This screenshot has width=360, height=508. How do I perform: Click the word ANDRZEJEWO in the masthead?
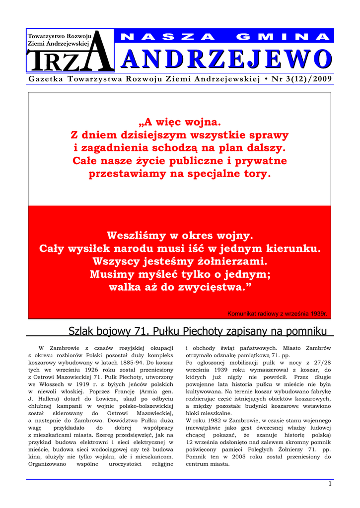pyautogui.click(x=226, y=60)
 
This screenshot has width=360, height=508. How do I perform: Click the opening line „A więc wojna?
pyautogui.click(x=180, y=122)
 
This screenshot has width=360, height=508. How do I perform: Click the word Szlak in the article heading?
pyautogui.click(x=83, y=331)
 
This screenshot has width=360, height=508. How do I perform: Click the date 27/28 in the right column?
pyautogui.click(x=323, y=363)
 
